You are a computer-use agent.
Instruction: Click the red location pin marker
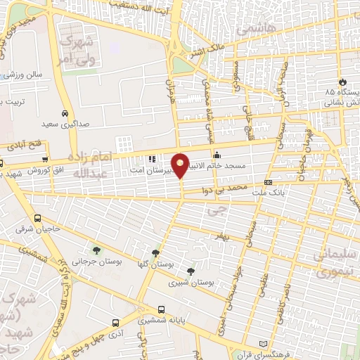[181, 166]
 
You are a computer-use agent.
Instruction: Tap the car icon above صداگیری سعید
[65, 113]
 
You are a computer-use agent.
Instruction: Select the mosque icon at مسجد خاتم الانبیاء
[217, 155]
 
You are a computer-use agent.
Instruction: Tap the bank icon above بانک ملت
[268, 182]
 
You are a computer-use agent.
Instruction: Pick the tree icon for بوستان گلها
[155, 253]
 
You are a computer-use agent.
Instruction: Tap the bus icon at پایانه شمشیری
[162, 309]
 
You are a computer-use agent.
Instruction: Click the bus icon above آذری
[115, 323]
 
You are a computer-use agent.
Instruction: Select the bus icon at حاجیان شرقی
[37, 218]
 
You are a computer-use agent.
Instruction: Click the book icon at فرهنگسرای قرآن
[264, 342]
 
